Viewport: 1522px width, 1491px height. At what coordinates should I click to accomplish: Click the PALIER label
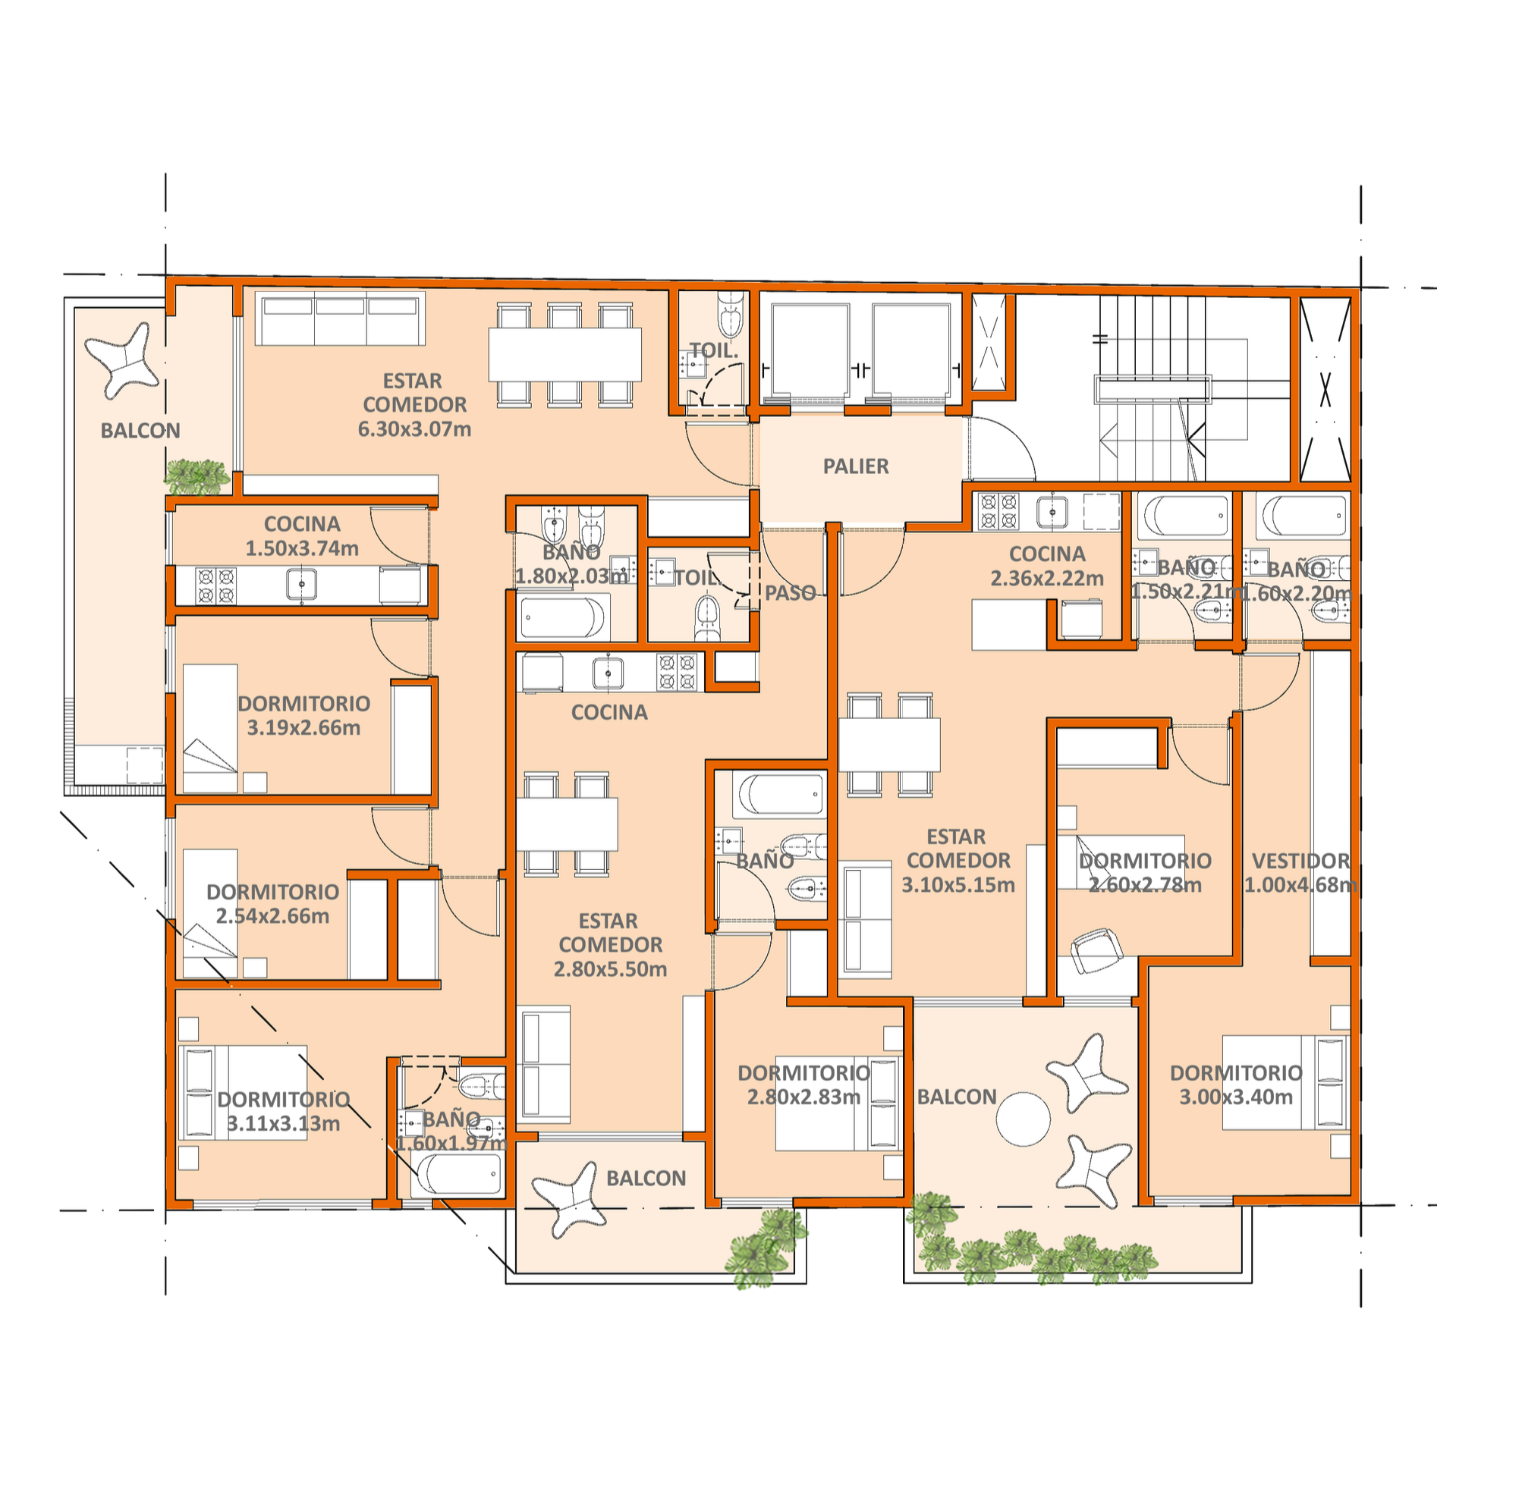[x=855, y=466]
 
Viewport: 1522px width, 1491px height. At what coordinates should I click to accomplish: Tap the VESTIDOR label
[x=1300, y=862]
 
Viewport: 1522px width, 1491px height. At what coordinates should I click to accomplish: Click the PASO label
[x=790, y=594]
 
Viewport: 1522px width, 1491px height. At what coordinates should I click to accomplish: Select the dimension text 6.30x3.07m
[x=414, y=429]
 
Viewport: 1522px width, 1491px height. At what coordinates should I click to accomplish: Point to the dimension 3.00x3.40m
[x=1236, y=1097]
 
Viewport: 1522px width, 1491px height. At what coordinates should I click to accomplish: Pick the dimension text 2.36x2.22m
[x=1046, y=579]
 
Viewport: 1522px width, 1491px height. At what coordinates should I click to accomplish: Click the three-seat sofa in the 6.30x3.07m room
[x=341, y=319]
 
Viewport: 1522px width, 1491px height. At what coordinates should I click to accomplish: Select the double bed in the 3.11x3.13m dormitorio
[x=243, y=1092]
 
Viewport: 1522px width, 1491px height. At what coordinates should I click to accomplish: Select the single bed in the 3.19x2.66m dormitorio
[x=210, y=729]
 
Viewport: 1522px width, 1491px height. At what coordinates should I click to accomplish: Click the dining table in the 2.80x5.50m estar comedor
[x=566, y=824]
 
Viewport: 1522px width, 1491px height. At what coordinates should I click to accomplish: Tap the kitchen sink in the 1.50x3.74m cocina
[x=301, y=585]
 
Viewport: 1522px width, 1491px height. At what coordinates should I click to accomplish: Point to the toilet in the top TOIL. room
[x=729, y=311]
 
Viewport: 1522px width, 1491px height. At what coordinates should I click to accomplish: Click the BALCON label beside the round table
[x=957, y=1097]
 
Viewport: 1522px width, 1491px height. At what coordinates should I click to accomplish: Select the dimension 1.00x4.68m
[x=1300, y=886]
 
